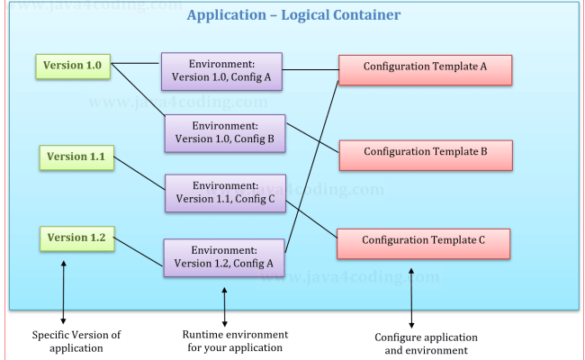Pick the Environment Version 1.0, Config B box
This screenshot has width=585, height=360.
tap(225, 132)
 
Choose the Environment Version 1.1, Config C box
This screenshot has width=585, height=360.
tap(225, 193)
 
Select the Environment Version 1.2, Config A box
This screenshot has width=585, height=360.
tap(224, 256)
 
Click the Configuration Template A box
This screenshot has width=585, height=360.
tap(425, 68)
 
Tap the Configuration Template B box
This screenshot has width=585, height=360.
tap(425, 154)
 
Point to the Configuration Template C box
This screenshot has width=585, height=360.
tap(423, 241)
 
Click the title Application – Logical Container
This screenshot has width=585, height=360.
tap(293, 16)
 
